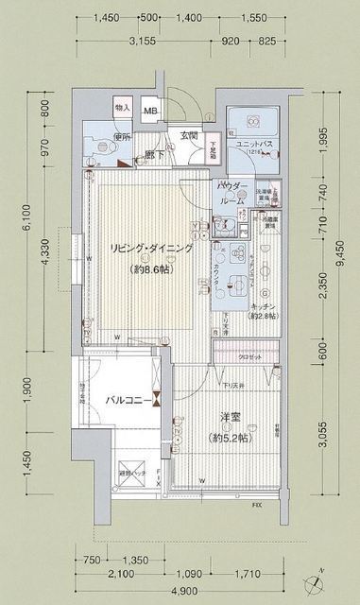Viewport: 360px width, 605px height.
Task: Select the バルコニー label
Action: (x=124, y=400)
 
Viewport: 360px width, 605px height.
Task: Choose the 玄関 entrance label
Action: (x=188, y=135)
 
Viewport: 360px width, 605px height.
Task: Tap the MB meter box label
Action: (x=151, y=112)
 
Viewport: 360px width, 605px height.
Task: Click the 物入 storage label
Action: (x=122, y=109)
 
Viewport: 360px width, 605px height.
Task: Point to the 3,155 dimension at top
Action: (x=142, y=41)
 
